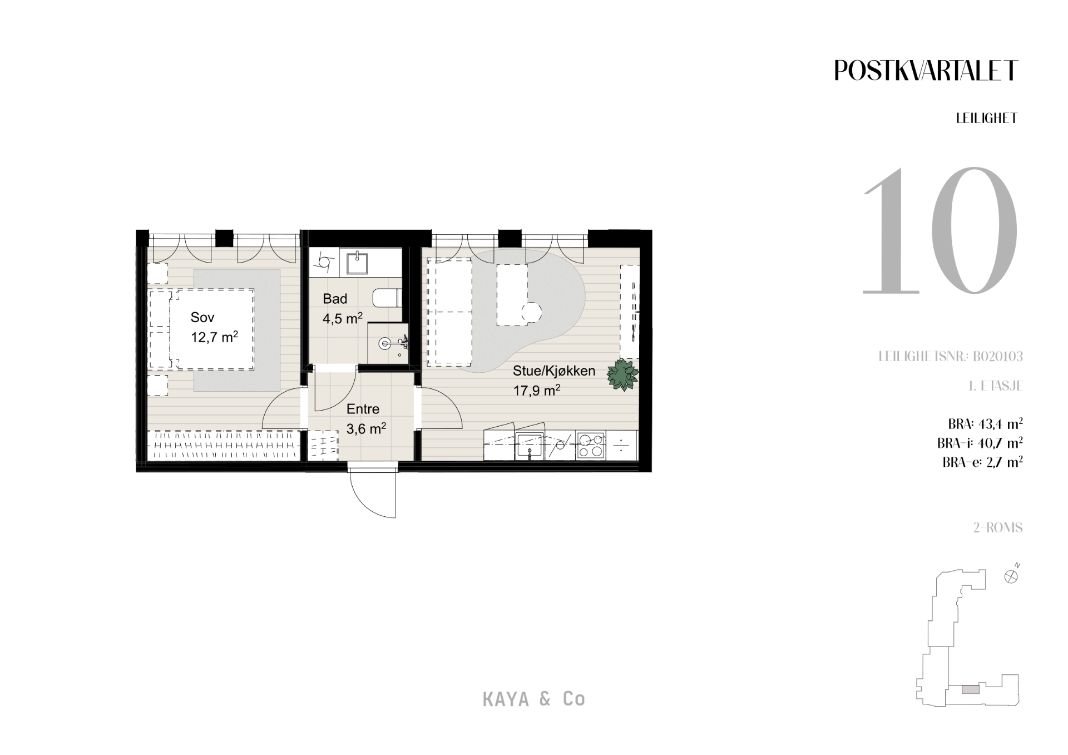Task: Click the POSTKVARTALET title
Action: [926, 71]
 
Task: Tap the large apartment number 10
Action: [940, 230]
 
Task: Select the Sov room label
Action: [202, 318]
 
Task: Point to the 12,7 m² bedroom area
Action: [215, 337]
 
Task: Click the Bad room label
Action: [335, 299]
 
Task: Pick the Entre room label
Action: [363, 409]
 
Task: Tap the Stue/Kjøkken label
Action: [554, 371]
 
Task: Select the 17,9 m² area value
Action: [536, 390]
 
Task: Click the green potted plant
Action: [623, 375]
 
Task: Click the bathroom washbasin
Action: [358, 263]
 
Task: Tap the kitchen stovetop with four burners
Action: [590, 445]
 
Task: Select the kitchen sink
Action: [530, 446]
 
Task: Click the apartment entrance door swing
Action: [372, 494]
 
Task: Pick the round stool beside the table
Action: [532, 312]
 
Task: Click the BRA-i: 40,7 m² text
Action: [980, 443]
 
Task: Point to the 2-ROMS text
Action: [998, 527]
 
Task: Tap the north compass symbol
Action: [1011, 576]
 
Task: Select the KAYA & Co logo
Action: [534, 699]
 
